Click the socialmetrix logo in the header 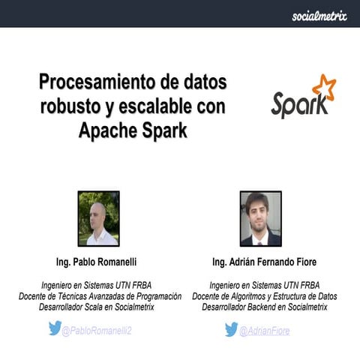pos(319,15)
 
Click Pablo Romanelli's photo pos(98,218)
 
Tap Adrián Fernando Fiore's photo pos(260,218)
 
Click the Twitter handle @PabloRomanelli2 pos(97,330)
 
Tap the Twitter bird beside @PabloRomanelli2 pos(55,328)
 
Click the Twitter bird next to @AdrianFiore pos(232,329)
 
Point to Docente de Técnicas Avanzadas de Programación pos(100,296)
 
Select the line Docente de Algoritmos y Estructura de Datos pos(264,296)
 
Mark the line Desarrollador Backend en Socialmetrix pos(264,307)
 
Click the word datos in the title pos(198,80)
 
